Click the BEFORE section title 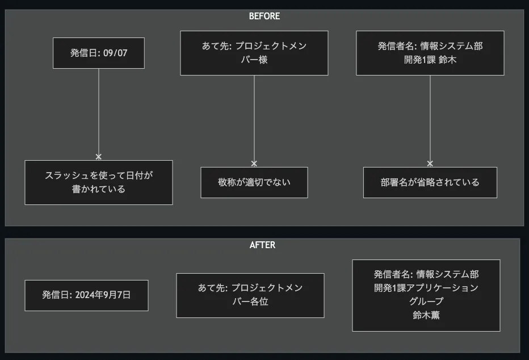264,16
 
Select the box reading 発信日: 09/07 99,53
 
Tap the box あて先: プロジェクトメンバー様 254,53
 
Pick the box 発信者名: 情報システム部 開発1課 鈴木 430,53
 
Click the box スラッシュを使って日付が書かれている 99,182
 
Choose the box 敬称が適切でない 254,182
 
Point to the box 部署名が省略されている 430,182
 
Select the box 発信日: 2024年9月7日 86,295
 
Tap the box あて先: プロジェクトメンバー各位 250,295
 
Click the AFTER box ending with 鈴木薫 426,295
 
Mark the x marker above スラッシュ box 99,157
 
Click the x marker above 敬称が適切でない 254,164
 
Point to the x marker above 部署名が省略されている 430,164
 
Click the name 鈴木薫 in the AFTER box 426,315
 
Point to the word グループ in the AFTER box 426,302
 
